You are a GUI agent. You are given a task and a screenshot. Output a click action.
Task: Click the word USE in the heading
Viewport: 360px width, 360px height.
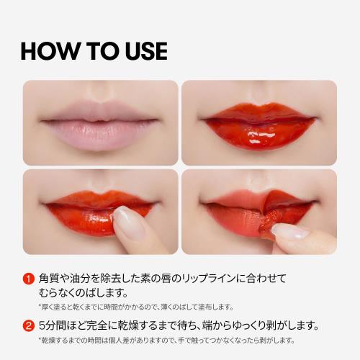pyautogui.click(x=146, y=51)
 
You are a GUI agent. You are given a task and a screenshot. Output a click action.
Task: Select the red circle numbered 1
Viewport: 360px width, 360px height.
pyautogui.click(x=29, y=279)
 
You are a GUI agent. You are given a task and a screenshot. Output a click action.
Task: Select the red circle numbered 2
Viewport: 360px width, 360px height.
pyautogui.click(x=29, y=326)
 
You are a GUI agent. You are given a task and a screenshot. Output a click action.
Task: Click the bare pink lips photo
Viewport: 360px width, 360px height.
pyautogui.click(x=100, y=122)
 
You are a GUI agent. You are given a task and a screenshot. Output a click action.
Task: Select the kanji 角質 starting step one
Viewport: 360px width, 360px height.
pyautogui.click(x=49, y=279)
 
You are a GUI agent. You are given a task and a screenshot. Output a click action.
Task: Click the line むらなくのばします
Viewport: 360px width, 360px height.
pyautogui.click(x=83, y=293)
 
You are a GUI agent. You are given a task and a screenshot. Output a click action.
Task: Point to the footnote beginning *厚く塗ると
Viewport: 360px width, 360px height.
pyautogui.click(x=136, y=307)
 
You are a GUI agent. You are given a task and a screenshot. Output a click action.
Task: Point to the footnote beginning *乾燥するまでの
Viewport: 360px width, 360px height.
pyautogui.click(x=166, y=341)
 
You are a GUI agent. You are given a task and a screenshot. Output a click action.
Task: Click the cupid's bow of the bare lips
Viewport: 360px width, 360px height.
pyautogui.click(x=102, y=104)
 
